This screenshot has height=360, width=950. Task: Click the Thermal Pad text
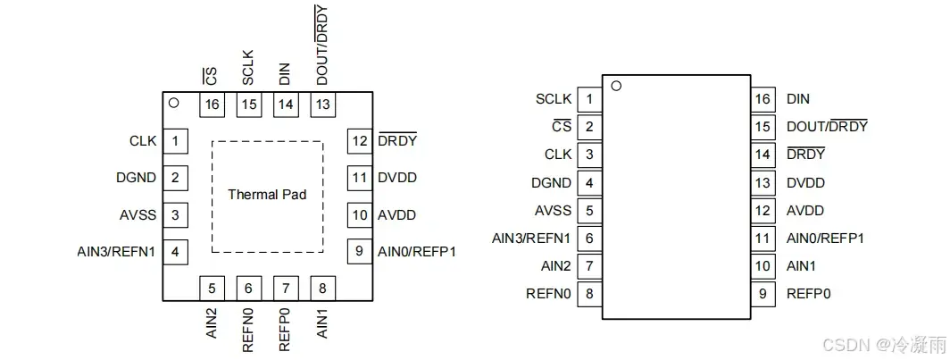pos(267,194)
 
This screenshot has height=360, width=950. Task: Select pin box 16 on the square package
pos(212,105)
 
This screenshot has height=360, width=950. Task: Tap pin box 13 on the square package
pos(322,105)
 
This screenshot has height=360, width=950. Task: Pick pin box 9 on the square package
pos(359,251)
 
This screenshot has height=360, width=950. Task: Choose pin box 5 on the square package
pos(212,288)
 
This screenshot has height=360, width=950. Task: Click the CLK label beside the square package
pos(143,140)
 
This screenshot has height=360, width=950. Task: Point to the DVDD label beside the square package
pos(397,177)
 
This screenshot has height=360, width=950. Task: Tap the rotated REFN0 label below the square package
pos(248,330)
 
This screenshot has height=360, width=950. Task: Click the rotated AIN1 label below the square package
pos(322,323)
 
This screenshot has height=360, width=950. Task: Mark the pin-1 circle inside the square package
pos(175,103)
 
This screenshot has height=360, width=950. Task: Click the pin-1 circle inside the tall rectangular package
pos(615,87)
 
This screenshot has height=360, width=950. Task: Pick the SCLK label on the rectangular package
pos(553,98)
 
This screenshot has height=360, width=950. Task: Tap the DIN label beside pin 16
pos(798,98)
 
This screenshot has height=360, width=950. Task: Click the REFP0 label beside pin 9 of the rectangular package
pos(808,293)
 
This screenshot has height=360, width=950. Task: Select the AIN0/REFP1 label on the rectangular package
pos(825,238)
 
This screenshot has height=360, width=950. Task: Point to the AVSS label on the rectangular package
pos(553,210)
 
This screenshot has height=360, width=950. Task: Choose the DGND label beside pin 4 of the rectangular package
pos(551,182)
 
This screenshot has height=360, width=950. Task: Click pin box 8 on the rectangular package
pos(588,293)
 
